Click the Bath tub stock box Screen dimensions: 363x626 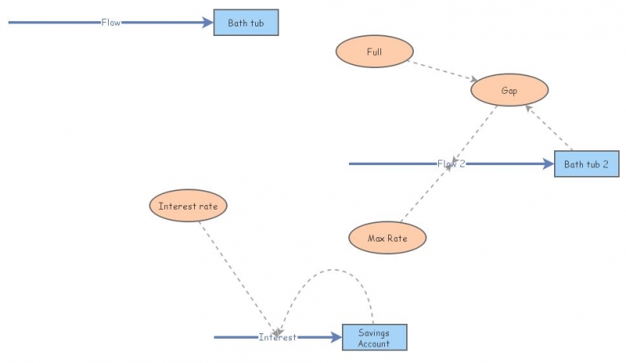click(x=246, y=23)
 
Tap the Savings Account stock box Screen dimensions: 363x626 click(x=375, y=338)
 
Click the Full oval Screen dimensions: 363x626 click(x=374, y=52)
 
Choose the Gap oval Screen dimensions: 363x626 click(x=509, y=91)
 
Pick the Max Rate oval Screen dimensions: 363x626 click(x=387, y=237)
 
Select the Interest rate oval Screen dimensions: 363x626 click(x=189, y=207)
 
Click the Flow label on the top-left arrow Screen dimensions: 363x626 click(x=111, y=23)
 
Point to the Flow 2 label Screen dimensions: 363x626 click(x=451, y=164)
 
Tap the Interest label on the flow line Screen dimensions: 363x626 click(x=278, y=337)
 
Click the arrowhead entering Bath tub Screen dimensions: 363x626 click(x=208, y=23)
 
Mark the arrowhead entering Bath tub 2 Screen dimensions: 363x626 click(x=549, y=164)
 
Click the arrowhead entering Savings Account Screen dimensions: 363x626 click(x=337, y=337)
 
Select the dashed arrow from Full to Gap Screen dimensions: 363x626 click(x=442, y=71)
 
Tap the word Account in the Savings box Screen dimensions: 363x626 click(x=374, y=344)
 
